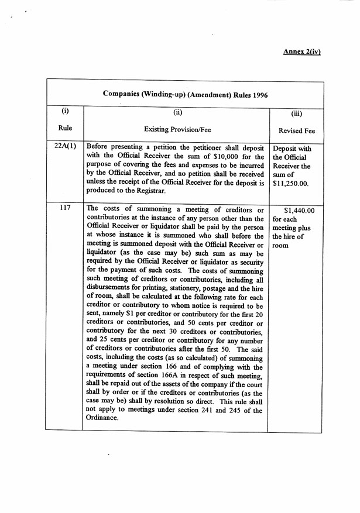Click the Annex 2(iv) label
pos(302,51)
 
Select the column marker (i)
pos(65,110)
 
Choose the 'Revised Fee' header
pos(296,131)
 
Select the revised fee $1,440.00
pos(299,210)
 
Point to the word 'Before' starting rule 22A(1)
pos(97,148)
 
